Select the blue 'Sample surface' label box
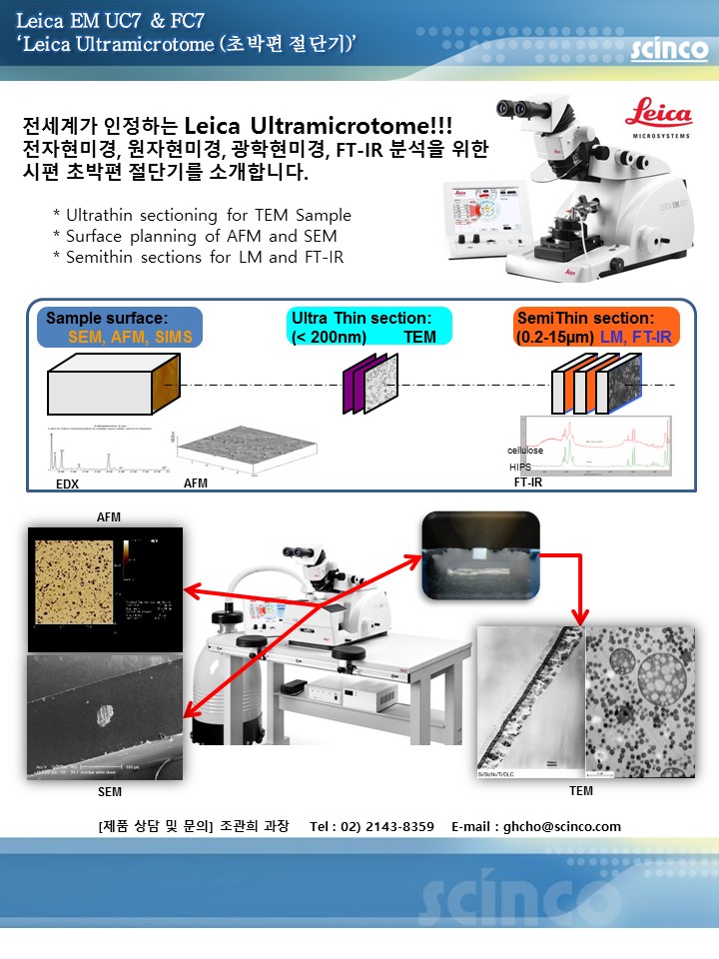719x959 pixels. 119,328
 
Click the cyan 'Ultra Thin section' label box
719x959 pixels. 368,328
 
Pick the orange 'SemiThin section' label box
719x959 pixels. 596,328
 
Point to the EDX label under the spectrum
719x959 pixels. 67,482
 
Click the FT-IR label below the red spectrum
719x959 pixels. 527,482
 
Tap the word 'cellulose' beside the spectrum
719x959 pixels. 525,452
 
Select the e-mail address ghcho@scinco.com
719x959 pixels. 564,826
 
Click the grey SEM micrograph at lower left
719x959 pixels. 104,715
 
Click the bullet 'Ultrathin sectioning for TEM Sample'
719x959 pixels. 202,215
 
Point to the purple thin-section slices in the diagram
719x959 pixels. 361,386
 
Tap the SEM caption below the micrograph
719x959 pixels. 110,792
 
